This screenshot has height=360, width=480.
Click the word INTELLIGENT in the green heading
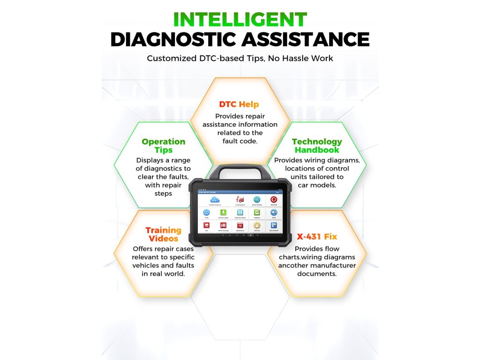coord(240,20)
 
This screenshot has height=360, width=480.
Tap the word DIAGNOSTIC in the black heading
coord(174,39)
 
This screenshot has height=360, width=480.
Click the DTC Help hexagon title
coord(239,104)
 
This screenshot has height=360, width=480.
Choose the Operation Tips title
coord(164,146)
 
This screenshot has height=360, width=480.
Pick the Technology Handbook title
coord(317,146)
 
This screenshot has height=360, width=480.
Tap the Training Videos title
coord(163,234)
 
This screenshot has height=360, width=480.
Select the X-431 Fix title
coord(316,237)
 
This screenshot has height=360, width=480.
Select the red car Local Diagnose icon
coord(240,200)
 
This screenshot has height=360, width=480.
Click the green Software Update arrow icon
coord(223,212)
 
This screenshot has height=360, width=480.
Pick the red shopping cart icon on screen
coord(207,225)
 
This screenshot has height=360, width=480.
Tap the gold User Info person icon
coord(257,225)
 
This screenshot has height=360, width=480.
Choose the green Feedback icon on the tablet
coord(257,212)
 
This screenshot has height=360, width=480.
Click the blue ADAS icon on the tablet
coord(274,212)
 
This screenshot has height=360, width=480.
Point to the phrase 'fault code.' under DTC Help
coord(240,141)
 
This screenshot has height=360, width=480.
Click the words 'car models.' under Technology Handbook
coord(317,185)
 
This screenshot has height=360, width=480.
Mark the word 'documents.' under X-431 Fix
coord(317,274)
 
